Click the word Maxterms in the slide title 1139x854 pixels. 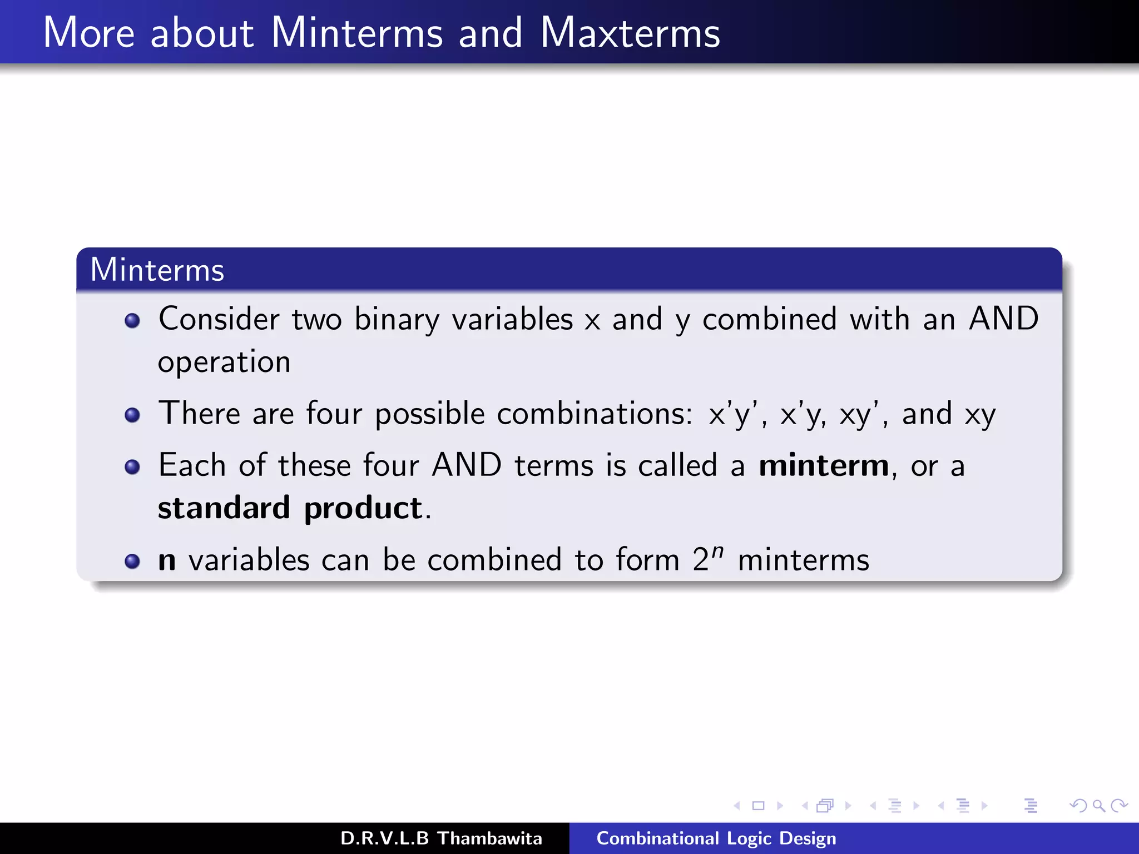coord(630,33)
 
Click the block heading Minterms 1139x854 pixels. coord(157,270)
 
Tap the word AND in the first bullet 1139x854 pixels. coord(1003,319)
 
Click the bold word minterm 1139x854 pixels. coord(824,465)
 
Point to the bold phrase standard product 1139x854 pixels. coord(290,508)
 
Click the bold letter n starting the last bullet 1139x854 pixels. coord(167,560)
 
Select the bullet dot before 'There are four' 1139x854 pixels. coord(132,415)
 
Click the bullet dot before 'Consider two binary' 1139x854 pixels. coord(132,321)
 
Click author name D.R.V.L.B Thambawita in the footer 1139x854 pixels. coord(441,838)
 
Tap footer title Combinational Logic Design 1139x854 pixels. coord(716,838)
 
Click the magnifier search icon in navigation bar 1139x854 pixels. coord(1098,806)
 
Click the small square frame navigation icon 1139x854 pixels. coord(758,806)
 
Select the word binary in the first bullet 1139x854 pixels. coord(397,320)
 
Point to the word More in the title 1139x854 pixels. coord(89,33)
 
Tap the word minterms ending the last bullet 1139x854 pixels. coord(803,560)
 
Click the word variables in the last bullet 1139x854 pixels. coord(249,560)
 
